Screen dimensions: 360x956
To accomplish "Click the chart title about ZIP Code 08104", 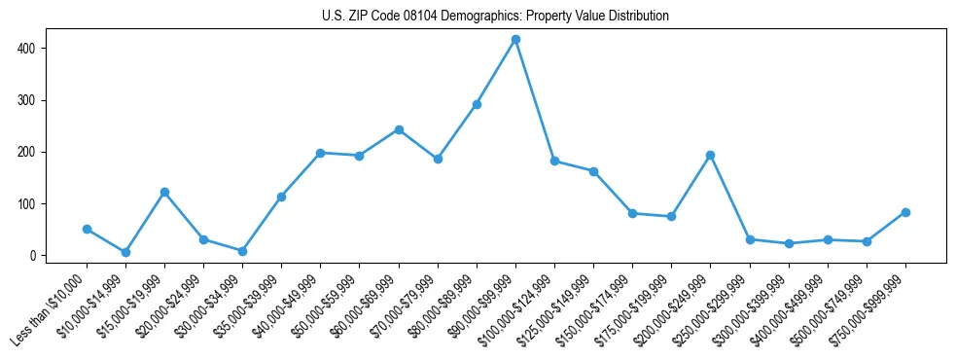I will pos(495,17).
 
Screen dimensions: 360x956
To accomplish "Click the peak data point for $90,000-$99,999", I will pos(515,40).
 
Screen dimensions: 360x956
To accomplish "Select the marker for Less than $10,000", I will pos(87,230).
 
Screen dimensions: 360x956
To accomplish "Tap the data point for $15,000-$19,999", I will pos(164,192).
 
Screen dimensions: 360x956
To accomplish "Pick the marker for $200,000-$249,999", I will pos(711,155).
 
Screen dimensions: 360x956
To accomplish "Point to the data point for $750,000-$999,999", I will pos(905,212).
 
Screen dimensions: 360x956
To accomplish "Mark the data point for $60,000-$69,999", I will pos(399,129).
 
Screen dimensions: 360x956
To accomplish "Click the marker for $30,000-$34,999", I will pos(242,251).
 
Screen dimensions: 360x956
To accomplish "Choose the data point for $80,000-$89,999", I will pos(477,104).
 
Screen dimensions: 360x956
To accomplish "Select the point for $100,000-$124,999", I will pos(554,162).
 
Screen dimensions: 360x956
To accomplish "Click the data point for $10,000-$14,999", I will pos(125,252).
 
